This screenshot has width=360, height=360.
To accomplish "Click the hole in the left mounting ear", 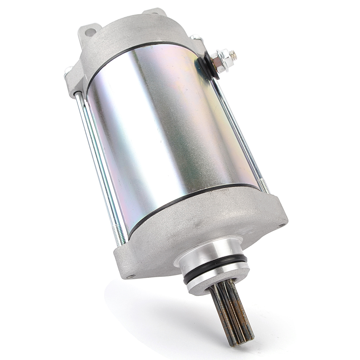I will click(x=90, y=32).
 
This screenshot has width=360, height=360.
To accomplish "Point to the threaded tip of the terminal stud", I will click(x=234, y=55).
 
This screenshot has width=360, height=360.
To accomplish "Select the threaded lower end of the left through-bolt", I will click(x=121, y=234).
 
